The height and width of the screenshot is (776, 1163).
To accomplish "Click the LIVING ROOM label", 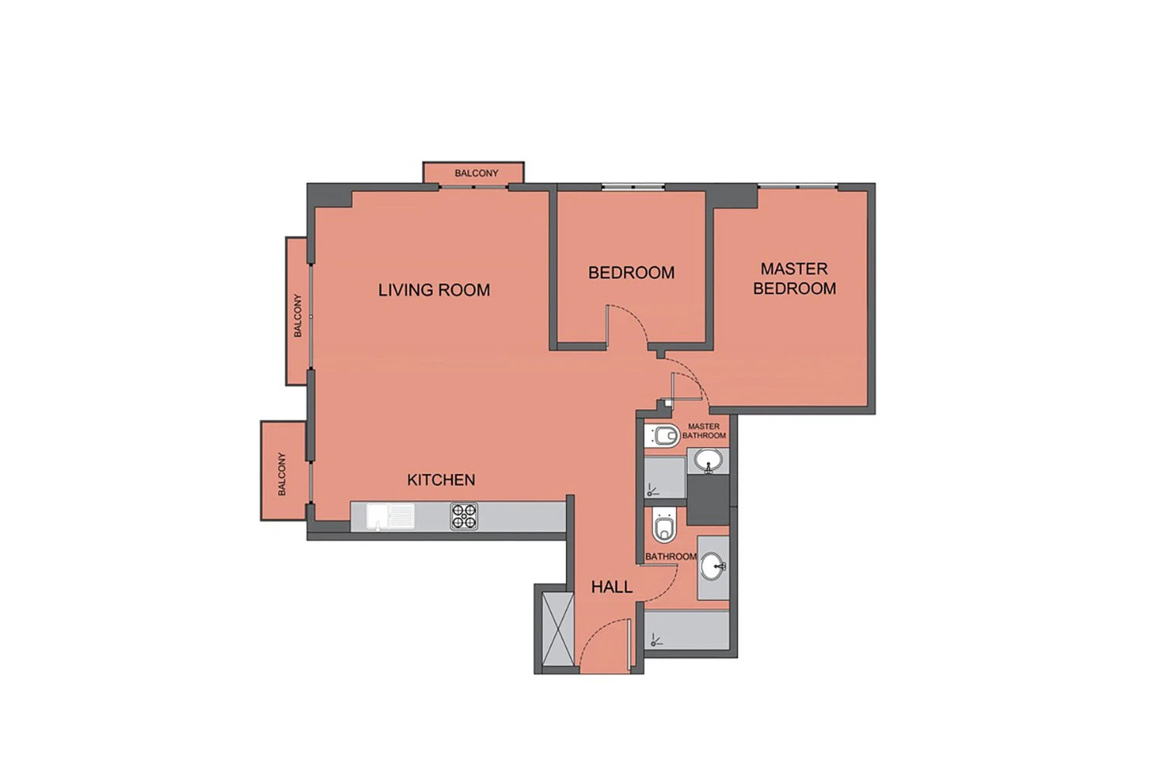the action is (434, 290).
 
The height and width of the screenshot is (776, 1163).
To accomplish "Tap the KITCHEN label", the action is (441, 480).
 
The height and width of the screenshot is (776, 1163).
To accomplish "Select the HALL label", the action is (612, 587).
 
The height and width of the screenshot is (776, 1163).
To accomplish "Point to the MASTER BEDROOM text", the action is (795, 279).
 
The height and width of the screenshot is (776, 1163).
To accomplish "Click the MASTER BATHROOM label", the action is (704, 431).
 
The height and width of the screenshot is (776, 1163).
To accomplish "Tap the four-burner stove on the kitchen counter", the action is (464, 516).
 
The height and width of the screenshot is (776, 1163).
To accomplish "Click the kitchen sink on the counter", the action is (391, 517).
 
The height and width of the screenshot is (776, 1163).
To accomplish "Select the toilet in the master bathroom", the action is (662, 435).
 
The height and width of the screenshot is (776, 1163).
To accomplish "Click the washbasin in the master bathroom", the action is (708, 460).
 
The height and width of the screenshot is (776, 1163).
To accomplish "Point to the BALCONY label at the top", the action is (476, 173).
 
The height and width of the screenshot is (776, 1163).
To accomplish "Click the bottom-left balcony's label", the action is (282, 474).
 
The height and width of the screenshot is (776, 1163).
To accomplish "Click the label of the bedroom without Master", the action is (631, 272).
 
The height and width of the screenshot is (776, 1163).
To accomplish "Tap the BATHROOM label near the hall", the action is (671, 556).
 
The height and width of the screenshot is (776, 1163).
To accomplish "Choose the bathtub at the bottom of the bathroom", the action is (687, 629).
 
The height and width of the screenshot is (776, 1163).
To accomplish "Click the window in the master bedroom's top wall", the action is (798, 185).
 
